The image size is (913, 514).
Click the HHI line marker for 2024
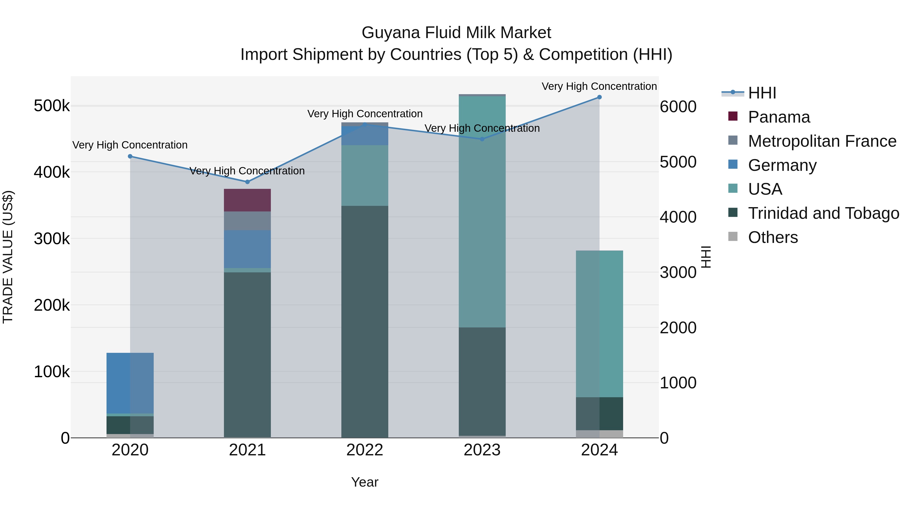[599, 97]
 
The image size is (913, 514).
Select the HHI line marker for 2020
[130, 156]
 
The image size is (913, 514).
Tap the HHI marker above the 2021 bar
[247, 182]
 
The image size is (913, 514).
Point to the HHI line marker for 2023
[482, 139]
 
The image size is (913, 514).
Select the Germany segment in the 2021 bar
[247, 249]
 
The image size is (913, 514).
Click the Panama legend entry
[779, 117]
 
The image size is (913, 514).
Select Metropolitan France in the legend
[822, 141]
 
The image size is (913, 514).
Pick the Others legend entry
[773, 237]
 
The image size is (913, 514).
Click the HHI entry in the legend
[762, 93]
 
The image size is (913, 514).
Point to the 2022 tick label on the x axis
[365, 450]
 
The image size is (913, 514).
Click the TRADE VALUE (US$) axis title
[8, 257]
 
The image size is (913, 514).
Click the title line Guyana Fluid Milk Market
[456, 33]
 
